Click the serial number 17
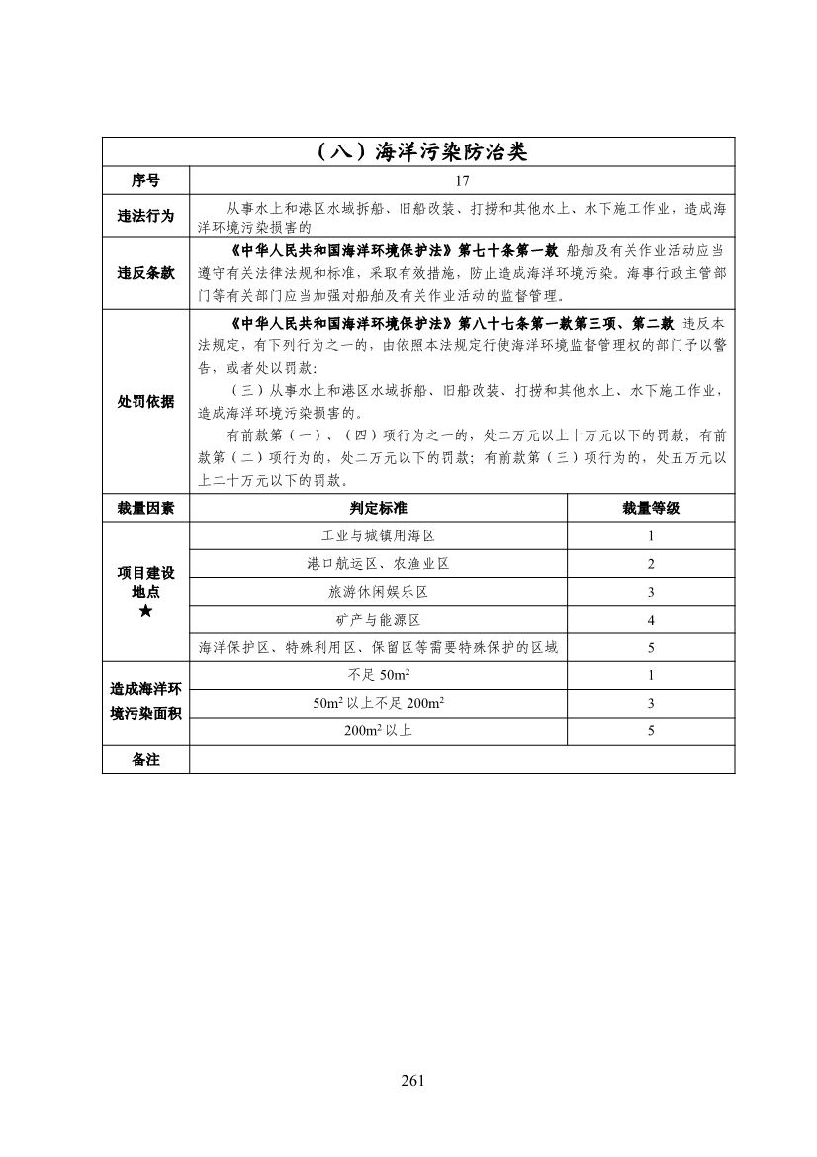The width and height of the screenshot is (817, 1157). pyautogui.click(x=461, y=181)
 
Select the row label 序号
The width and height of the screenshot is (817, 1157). pyautogui.click(x=145, y=181)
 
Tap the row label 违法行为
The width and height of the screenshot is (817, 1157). pyautogui.click(x=145, y=217)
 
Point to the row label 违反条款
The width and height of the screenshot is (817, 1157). pyautogui.click(x=145, y=273)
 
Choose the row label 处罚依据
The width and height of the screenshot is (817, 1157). pyautogui.click(x=145, y=402)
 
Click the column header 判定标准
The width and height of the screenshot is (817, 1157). pyautogui.click(x=378, y=508)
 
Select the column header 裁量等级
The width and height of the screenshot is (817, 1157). pyautogui.click(x=651, y=508)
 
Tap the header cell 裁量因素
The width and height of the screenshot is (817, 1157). pyautogui.click(x=145, y=508)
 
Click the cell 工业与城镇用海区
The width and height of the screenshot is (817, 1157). pyautogui.click(x=378, y=535)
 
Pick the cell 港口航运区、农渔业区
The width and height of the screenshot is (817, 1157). pyautogui.click(x=378, y=564)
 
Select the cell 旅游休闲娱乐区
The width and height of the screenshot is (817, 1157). pyautogui.click(x=378, y=592)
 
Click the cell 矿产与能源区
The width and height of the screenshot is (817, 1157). pyautogui.click(x=378, y=620)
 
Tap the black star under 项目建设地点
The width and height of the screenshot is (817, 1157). pyautogui.click(x=145, y=612)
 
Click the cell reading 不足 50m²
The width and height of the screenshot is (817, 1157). pyautogui.click(x=378, y=676)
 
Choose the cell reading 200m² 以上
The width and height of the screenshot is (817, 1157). pyautogui.click(x=378, y=731)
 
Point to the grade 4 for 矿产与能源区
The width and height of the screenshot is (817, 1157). pyautogui.click(x=651, y=620)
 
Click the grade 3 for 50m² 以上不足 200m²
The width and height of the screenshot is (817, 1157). pyautogui.click(x=651, y=704)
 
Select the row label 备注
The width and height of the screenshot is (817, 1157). pyautogui.click(x=145, y=759)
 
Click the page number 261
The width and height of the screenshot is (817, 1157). pyautogui.click(x=413, y=1080)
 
